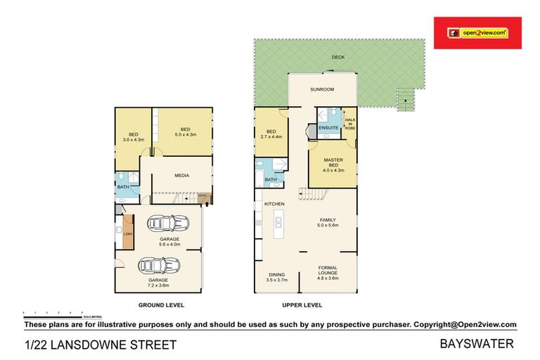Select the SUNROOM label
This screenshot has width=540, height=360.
(322, 89)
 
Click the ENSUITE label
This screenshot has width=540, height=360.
(328, 128)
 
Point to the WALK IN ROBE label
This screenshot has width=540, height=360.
(349, 125)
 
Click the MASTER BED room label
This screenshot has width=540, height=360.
(333, 165)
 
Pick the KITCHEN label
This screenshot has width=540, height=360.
(274, 204)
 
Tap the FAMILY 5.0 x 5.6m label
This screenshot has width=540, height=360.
(328, 222)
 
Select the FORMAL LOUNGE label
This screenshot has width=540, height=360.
(328, 271)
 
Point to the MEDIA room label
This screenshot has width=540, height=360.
(184, 176)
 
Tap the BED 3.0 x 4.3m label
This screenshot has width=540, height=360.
(132, 137)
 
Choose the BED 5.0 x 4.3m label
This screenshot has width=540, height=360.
(185, 131)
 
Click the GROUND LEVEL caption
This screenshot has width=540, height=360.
(161, 305)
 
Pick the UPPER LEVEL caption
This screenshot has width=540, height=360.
(302, 305)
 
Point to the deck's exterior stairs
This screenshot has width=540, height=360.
(406, 100)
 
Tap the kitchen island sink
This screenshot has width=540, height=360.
(278, 224)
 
